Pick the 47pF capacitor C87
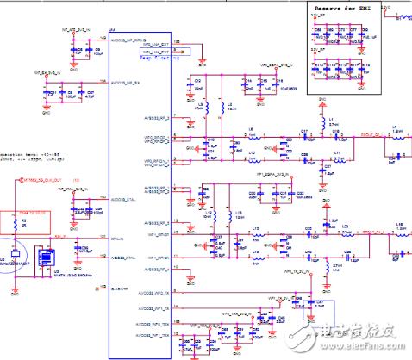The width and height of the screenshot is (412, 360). (84, 93)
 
